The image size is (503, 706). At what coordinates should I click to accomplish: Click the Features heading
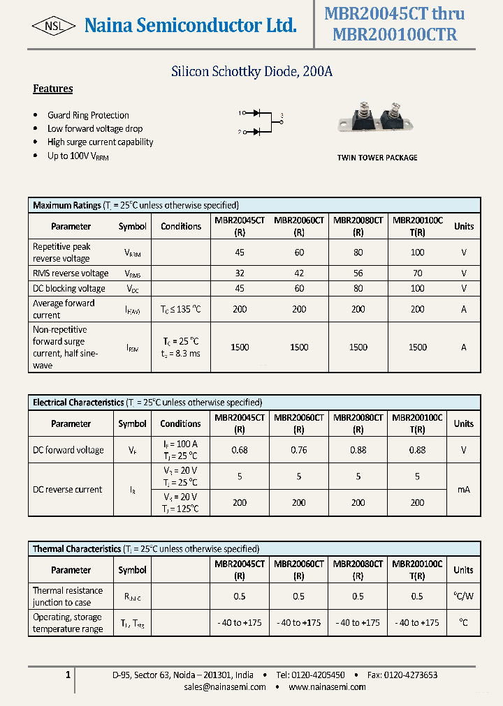53,89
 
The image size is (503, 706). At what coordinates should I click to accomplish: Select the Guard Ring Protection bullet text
88,115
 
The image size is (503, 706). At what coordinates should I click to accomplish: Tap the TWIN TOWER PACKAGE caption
377,158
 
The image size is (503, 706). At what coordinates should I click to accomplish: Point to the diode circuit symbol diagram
261,121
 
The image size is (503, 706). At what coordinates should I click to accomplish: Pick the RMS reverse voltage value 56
358,273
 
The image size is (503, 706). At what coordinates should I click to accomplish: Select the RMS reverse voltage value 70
417,273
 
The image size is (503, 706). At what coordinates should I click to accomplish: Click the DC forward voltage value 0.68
240,450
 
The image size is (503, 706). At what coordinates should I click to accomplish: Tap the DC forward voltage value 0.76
299,450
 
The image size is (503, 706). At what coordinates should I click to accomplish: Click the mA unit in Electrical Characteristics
463,490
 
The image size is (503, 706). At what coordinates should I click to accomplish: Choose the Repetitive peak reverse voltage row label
61,253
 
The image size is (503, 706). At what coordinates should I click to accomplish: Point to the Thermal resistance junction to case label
67,596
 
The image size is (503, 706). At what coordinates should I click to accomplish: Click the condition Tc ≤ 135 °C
181,309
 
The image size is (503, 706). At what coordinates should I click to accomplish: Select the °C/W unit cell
463,596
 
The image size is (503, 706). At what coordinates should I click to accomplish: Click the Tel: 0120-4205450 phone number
310,675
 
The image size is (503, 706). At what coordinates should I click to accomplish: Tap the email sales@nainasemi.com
225,687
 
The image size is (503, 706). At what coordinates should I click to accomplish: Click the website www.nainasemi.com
327,687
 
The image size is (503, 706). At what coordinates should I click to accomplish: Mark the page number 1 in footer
68,675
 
